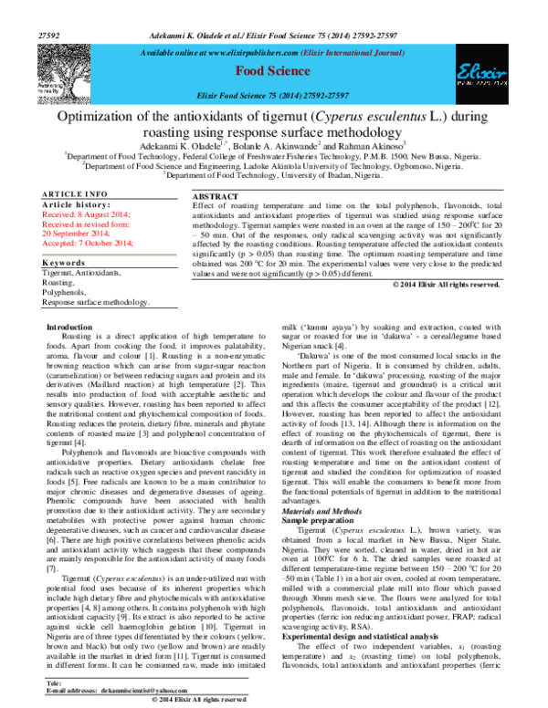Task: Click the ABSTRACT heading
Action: tap(216, 197)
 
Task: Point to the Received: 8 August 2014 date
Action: tap(86, 213)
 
